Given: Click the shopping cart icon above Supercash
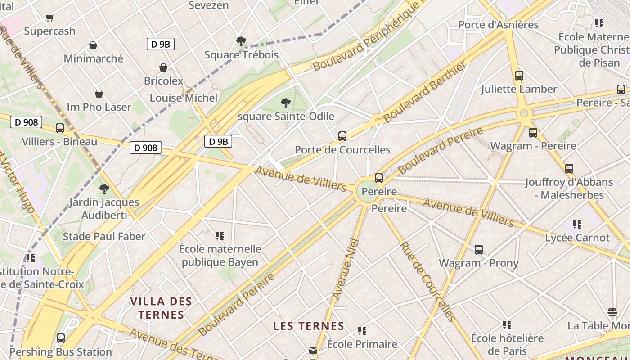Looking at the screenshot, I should (49, 18).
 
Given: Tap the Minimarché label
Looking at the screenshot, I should (93, 58).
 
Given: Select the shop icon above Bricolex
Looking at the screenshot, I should (163, 67).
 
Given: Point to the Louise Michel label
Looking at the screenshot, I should (183, 98).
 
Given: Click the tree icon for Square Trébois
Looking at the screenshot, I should (241, 41).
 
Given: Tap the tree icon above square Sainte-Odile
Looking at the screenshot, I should (285, 103).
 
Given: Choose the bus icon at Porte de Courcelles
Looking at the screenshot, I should (342, 136).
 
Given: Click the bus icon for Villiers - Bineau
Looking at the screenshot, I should (60, 128).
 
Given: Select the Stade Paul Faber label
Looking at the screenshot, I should (104, 236).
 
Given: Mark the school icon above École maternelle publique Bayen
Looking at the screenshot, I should (220, 235).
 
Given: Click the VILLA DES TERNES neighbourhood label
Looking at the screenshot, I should (161, 308).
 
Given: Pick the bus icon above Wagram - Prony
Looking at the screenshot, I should (479, 249).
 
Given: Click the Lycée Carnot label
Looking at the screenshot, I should (577, 238).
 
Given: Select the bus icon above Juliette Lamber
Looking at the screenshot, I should (519, 76).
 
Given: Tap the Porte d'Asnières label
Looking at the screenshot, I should (498, 25).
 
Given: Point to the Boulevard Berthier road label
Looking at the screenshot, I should (425, 92).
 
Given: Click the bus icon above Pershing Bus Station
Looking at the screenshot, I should (61, 338).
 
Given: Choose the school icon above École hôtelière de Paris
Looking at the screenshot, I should (507, 324).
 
